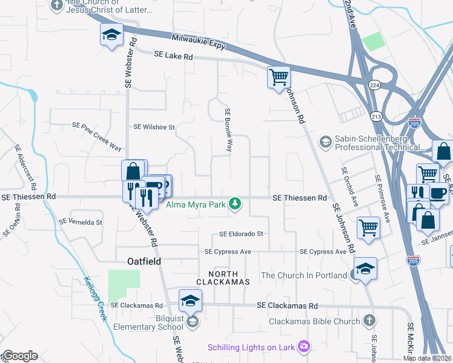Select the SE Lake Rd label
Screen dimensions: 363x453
[173, 56]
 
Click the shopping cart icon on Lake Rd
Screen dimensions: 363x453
[279, 77]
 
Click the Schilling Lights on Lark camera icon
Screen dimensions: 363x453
[303, 347]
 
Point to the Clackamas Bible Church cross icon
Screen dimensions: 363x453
[369, 321]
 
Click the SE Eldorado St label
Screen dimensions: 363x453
[242, 234]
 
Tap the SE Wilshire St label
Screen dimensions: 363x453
[154, 128]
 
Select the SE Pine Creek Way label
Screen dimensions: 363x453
[97, 136]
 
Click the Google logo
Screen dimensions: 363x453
[19, 356]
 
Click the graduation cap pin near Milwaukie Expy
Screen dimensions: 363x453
[111, 34]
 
